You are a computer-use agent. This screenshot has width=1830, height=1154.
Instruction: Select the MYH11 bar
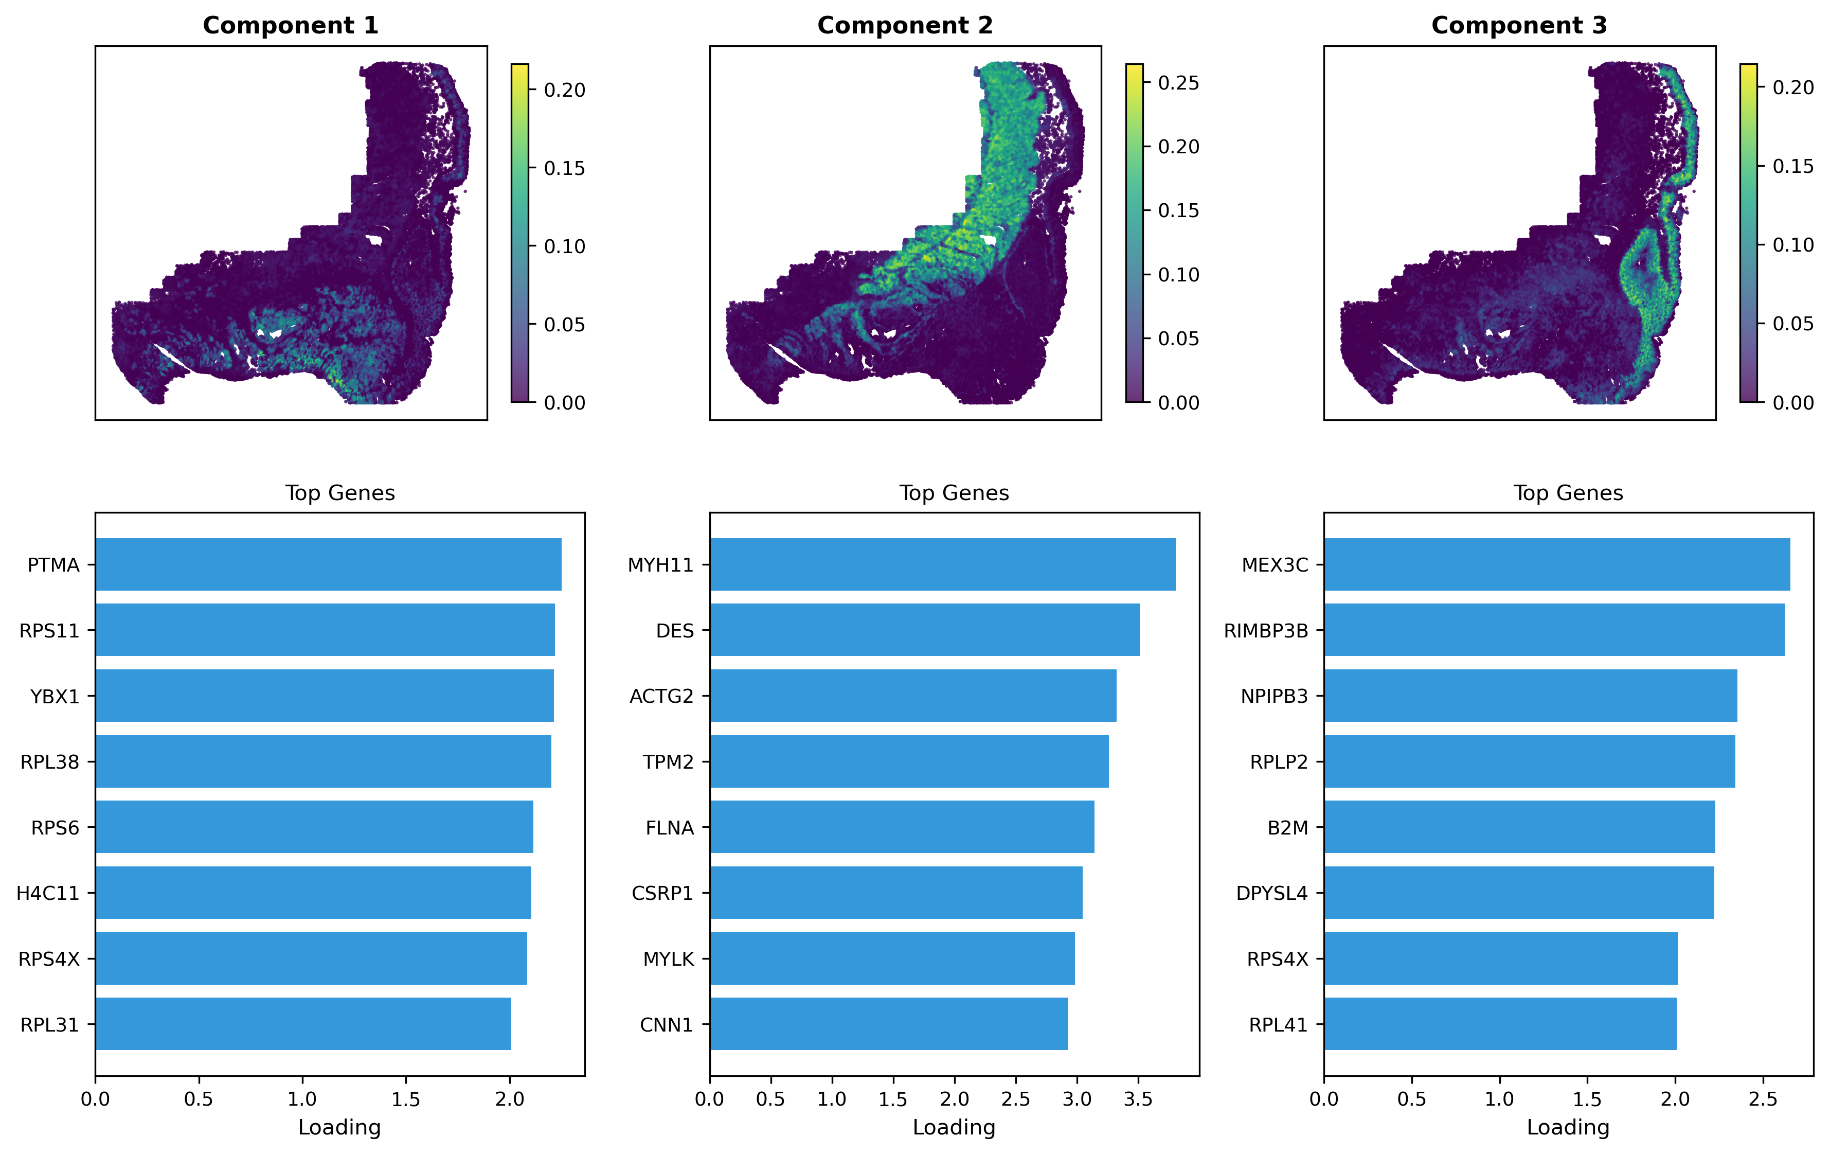(942, 564)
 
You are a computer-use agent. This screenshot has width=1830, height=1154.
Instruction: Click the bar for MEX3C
(1556, 564)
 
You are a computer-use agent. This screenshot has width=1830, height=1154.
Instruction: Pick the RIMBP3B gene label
(1265, 631)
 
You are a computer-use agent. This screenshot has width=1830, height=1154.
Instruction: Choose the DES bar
(924, 629)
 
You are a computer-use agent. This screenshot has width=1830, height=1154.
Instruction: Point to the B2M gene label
(1287, 828)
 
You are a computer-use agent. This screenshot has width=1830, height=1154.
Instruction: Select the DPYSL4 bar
(1518, 893)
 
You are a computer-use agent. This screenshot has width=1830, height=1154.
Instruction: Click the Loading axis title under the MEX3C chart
(1568, 1127)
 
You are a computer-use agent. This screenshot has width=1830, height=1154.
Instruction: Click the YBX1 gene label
(55, 696)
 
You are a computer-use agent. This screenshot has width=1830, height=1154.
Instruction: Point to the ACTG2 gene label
(661, 696)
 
